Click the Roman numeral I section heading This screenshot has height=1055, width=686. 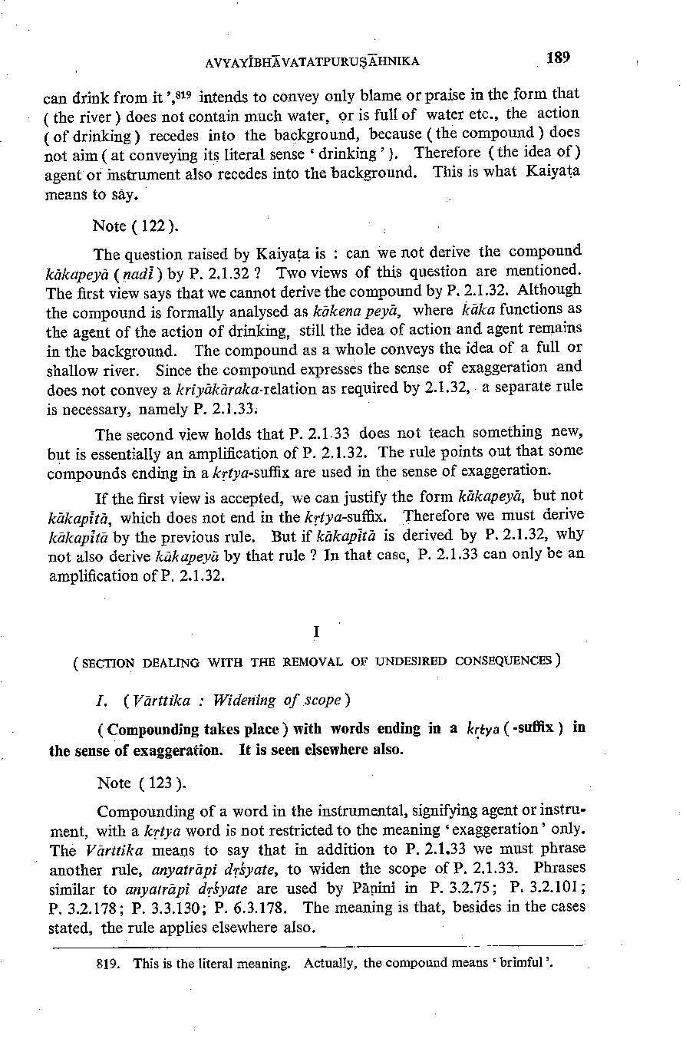315,631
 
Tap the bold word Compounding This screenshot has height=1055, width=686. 147,729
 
